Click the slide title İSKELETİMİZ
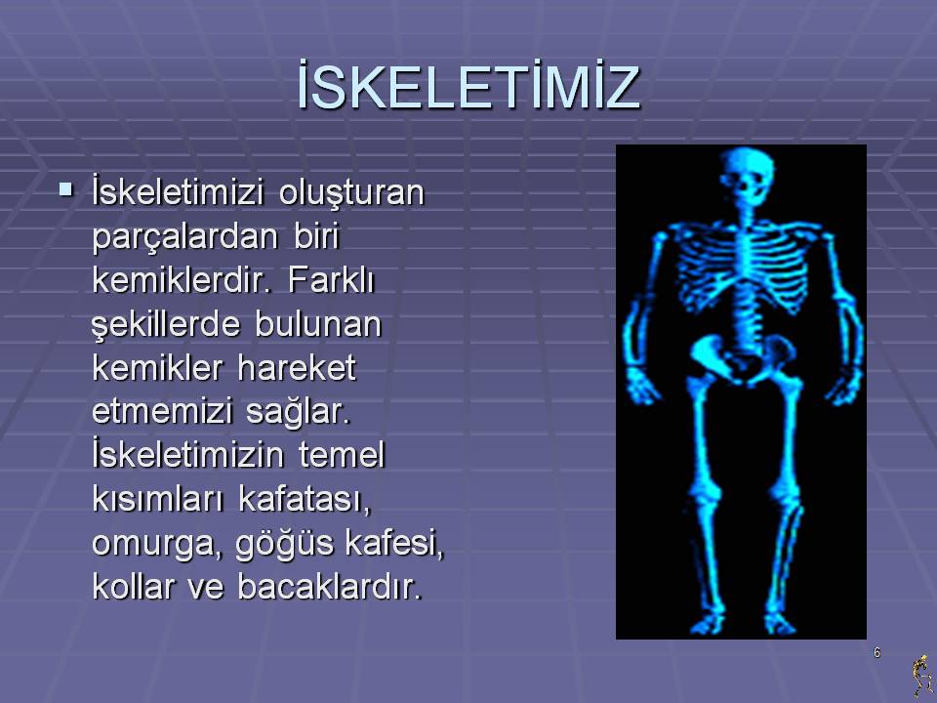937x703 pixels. [468, 85]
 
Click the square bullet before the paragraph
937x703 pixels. [65, 190]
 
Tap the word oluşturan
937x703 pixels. [351, 193]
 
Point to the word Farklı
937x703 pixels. [331, 280]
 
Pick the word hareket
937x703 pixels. [297, 367]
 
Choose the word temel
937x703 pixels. [342, 455]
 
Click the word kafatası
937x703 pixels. [305, 499]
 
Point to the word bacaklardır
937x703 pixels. [330, 587]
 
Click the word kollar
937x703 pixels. [134, 587]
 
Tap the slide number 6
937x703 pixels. [876, 653]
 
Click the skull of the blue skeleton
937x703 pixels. [747, 177]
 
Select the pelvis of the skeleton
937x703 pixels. [743, 357]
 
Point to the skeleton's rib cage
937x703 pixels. [743, 269]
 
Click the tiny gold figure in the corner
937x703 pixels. [922, 676]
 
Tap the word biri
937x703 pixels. [316, 236]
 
